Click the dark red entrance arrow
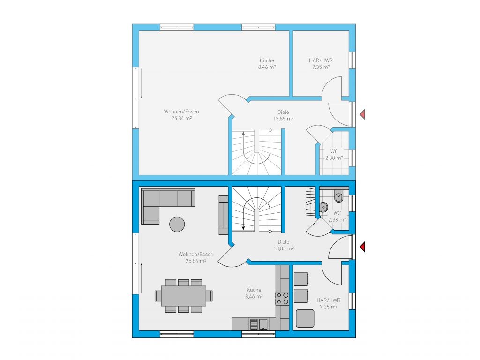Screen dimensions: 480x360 (x=363, y=247)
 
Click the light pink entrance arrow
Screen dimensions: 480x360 (x=363, y=114)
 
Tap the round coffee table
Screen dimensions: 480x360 (x=177, y=224)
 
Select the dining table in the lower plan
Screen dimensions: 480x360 (x=184, y=296)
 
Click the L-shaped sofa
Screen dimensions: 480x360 (x=162, y=202)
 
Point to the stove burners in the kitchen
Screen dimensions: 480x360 (x=282, y=299)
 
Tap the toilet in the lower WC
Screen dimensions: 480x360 (x=338, y=196)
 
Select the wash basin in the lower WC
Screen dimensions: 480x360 (x=323, y=207)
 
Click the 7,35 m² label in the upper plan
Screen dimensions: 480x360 (x=321, y=67)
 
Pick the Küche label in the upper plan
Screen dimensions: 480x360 (x=267, y=60)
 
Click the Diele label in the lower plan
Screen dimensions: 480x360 (x=284, y=242)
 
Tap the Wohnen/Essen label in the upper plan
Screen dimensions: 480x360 (x=181, y=112)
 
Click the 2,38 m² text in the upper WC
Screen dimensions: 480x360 (x=334, y=158)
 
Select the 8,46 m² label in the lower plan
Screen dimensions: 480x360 (x=254, y=296)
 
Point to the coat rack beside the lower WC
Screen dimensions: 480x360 (x=311, y=202)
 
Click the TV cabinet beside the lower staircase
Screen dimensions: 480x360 (x=224, y=215)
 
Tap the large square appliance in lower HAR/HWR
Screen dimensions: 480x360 (x=305, y=318)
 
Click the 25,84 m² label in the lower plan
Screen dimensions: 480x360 (x=196, y=261)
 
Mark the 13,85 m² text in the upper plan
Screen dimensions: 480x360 (x=284, y=119)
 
